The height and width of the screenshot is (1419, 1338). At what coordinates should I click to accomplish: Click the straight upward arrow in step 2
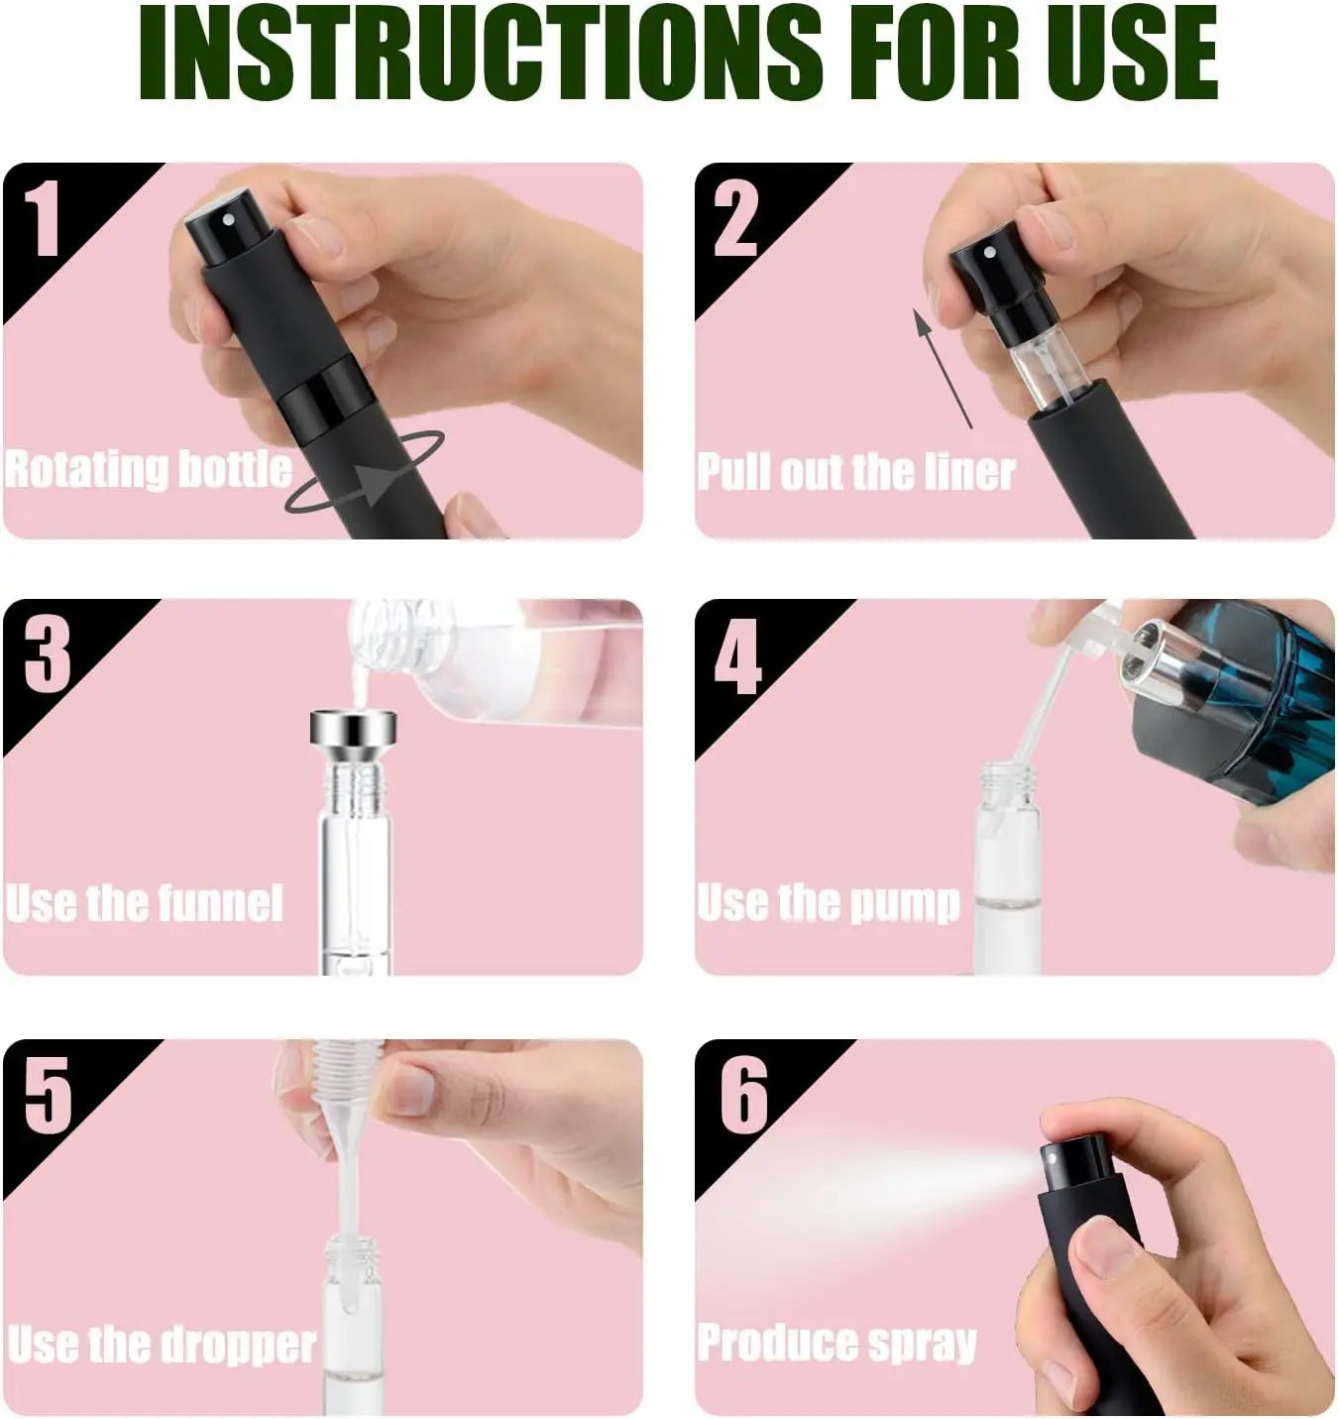point(943,367)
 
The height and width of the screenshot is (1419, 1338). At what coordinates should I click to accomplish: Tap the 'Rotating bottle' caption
point(149,469)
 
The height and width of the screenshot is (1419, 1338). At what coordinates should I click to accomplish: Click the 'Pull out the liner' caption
point(855,472)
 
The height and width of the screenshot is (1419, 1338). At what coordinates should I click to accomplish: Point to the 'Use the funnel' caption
point(145,903)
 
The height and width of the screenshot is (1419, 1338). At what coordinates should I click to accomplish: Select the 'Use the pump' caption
point(829,903)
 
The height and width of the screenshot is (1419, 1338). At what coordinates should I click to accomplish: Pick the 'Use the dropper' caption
point(162,1344)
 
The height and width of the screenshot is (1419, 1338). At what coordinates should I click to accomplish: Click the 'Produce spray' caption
point(836,1343)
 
